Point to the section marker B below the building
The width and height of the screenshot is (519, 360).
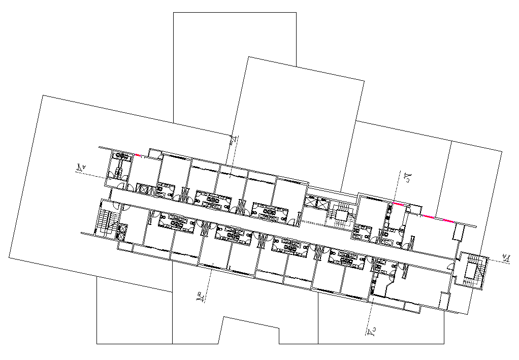pyautogui.click(x=201, y=297)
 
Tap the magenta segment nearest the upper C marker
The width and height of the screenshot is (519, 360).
pyautogui.click(x=400, y=204)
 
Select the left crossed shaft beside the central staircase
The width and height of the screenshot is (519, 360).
pyautogui.click(x=310, y=202)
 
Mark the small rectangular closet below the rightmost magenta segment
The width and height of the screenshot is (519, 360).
pyautogui.click(x=459, y=233)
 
